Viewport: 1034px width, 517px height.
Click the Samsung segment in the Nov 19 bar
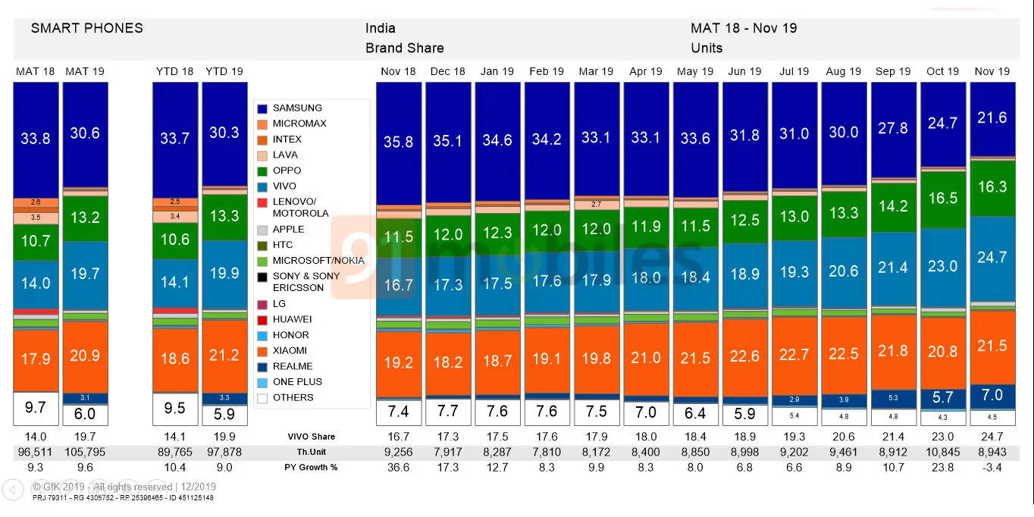point(992,118)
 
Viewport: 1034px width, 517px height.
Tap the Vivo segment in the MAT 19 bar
point(84,274)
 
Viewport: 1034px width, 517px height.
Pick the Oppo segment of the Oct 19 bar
point(943,199)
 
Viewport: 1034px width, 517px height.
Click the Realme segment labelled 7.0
point(992,395)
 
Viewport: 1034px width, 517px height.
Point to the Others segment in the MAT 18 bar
point(36,408)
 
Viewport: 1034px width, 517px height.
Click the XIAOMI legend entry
point(290,351)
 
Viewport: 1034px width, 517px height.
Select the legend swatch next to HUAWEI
point(262,320)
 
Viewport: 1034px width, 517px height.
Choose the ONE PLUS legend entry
point(296,382)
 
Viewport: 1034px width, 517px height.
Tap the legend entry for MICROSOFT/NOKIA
point(318,261)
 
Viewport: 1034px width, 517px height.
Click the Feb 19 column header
point(547,71)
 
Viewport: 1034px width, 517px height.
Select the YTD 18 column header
point(175,71)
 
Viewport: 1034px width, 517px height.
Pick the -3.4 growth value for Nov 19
point(992,467)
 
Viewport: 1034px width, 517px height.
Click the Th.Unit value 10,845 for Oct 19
point(943,452)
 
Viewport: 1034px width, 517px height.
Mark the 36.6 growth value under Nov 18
point(398,467)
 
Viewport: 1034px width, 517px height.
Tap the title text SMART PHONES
point(86,29)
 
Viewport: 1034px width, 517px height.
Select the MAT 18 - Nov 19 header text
point(743,29)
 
